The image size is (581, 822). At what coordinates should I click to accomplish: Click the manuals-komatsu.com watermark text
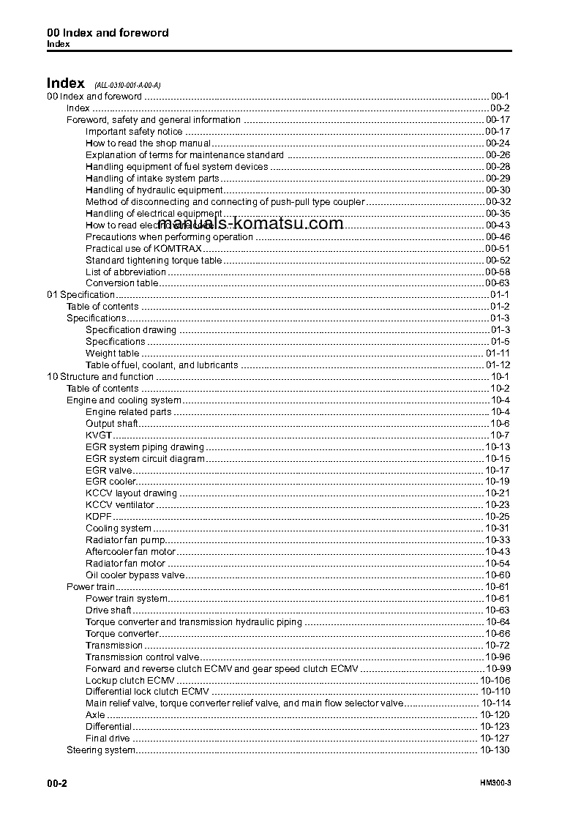coord(250,223)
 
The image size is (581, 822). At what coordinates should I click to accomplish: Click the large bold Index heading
coord(66,83)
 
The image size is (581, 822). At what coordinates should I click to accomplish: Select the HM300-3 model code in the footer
coord(495,783)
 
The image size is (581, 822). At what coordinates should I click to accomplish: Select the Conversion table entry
coord(121,283)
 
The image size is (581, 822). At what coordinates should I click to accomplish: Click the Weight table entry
coord(112,354)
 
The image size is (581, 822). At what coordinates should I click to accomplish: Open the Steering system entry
coord(101,750)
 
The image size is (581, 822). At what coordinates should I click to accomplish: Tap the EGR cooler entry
coord(110,482)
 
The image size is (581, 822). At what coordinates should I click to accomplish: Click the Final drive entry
coord(108,739)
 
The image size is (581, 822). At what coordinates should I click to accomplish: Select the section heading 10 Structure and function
coord(100,377)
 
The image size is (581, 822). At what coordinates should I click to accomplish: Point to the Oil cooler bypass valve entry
coord(135,575)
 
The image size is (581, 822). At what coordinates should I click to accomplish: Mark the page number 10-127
coord(495,739)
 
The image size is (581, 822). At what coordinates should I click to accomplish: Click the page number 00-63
coord(497,283)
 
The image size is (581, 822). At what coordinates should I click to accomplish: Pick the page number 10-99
coord(498,669)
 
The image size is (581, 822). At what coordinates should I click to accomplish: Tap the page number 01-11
coord(498,354)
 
